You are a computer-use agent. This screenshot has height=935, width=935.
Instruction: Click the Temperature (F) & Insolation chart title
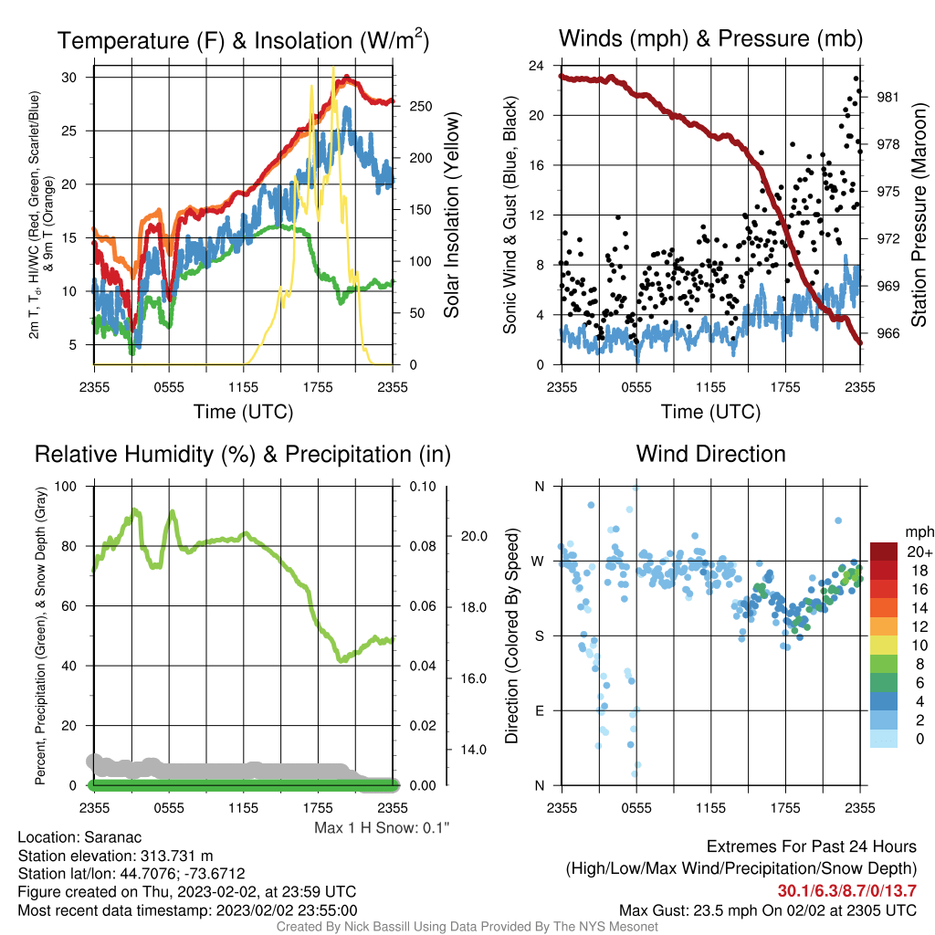tap(243, 40)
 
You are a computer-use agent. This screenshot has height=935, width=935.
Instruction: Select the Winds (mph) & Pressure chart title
tap(710, 38)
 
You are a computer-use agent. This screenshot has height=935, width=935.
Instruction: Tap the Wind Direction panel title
tap(710, 454)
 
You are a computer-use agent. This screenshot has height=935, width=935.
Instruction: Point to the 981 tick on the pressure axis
tap(888, 97)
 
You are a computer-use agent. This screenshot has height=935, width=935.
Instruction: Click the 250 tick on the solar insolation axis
tap(421, 106)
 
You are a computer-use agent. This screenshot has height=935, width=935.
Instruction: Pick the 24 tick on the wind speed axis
tap(536, 66)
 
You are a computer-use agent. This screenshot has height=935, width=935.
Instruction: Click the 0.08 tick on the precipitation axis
tap(422, 546)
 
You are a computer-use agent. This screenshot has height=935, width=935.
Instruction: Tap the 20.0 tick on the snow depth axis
tap(474, 536)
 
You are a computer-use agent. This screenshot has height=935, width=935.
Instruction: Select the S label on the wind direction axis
tap(539, 636)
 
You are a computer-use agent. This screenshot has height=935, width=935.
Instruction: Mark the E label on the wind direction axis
tap(540, 710)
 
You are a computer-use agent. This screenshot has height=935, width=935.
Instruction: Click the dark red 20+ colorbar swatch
tap(884, 552)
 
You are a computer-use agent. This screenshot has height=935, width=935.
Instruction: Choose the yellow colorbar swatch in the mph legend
tap(884, 646)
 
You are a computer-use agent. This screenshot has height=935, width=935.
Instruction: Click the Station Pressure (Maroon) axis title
tap(919, 215)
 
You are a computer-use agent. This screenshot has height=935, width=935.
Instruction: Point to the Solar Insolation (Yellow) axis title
tap(451, 215)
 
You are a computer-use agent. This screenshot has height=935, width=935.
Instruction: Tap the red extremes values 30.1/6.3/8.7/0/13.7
tap(846, 891)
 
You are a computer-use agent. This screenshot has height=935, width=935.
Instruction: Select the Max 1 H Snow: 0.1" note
tap(382, 827)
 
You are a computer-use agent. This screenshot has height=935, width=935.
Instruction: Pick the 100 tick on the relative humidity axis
tap(66, 486)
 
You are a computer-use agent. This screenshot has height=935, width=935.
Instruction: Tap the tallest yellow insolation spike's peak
tap(332, 68)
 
